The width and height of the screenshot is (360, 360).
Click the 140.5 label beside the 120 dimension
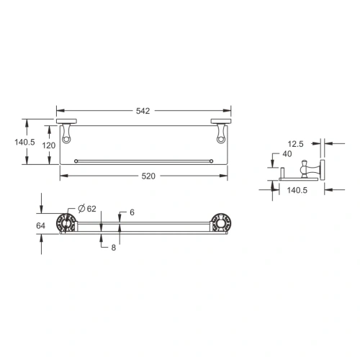24,142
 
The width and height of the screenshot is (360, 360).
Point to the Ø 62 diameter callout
86,209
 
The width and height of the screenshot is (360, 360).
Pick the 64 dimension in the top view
41,225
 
